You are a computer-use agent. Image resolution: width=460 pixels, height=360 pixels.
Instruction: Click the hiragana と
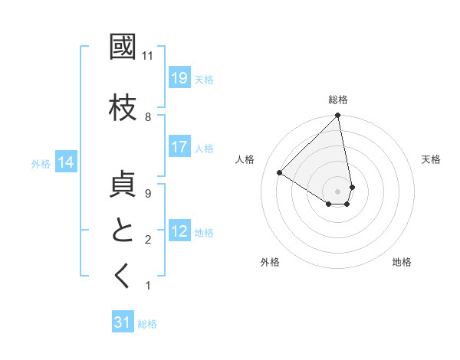123,231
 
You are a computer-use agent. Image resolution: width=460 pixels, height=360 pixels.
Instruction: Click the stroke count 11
148,56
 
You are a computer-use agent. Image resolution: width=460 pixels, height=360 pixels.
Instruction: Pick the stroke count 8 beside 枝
148,117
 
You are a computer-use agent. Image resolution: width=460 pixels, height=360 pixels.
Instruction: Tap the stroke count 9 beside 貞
148,194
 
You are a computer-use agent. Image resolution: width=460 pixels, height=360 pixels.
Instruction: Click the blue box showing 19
179,78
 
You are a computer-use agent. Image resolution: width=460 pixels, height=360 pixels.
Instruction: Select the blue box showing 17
179,147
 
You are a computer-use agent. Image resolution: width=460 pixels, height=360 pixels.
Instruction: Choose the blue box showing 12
179,231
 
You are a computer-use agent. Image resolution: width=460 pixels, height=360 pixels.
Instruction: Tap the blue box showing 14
66,162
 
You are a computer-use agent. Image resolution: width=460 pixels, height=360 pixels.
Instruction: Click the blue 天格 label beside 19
204,79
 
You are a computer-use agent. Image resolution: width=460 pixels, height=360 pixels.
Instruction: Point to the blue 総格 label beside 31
147,324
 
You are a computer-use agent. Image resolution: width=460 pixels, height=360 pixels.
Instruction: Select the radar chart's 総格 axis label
338,100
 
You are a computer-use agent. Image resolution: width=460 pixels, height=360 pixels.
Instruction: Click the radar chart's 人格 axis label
245,159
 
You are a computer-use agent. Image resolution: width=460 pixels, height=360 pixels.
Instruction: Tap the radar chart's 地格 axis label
402,262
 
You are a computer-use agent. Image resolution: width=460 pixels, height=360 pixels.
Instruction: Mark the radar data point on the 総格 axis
338,116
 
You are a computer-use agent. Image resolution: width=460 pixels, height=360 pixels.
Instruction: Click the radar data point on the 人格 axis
280,173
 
